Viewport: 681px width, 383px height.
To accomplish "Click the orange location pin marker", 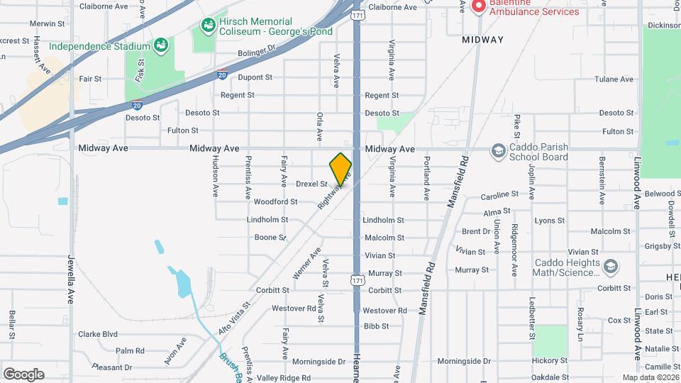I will pos(340,169).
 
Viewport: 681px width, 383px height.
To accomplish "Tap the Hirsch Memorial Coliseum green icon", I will pos(208,27).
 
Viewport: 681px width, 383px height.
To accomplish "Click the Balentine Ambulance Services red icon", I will pos(478,6).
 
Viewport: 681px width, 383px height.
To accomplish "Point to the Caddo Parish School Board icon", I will pos(499,151).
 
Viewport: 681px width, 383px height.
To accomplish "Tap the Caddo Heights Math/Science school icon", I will pos(611,267).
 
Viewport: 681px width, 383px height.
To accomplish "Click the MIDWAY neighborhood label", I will pos(482,40).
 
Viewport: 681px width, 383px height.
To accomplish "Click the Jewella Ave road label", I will pos(71,279).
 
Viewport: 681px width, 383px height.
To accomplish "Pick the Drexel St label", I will pos(311,184).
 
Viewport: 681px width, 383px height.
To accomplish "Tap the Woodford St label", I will pos(275,201).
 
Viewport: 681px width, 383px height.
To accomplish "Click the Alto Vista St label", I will pos(235,316).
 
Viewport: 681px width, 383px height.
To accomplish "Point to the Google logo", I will pos(23,374).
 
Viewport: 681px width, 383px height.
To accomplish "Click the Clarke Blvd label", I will pos(97,333).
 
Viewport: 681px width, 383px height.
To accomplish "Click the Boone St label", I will pos(270,238).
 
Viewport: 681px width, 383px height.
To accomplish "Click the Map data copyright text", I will pos(651,377).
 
